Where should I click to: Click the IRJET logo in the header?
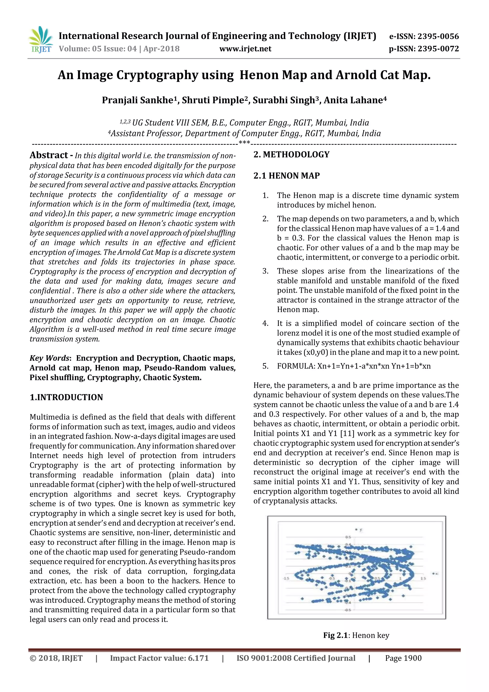(41, 40)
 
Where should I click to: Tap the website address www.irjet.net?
(245, 49)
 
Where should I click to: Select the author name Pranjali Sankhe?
(137, 100)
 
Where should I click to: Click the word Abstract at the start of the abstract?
(49, 155)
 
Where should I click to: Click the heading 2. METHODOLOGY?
(292, 155)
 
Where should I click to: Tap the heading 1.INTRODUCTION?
(66, 397)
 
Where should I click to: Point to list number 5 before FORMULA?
(265, 366)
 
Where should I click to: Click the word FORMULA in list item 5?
(296, 366)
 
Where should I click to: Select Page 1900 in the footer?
(403, 658)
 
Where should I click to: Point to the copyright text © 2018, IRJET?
(56, 658)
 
